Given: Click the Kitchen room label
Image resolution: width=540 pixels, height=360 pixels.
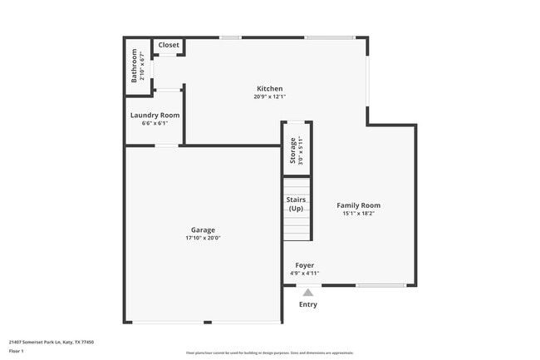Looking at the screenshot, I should (269, 89).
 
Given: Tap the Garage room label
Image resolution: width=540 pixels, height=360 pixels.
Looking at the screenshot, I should (203, 230).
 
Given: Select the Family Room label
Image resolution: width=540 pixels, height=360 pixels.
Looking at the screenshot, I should (358, 205).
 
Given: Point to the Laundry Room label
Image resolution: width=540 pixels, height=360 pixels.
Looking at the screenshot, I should (155, 116).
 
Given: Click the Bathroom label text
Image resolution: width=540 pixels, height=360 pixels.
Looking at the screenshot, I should (134, 66).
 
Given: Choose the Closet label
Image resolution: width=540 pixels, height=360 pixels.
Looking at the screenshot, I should (169, 45).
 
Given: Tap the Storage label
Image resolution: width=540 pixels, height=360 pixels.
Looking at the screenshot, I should (292, 150).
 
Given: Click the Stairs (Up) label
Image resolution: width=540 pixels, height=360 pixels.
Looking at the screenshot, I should (296, 204).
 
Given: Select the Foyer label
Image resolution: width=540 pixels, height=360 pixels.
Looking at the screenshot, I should (304, 265).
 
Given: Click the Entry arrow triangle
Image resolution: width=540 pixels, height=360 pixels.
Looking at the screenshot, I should (307, 292).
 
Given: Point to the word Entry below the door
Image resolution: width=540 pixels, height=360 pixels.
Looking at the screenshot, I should (307, 304).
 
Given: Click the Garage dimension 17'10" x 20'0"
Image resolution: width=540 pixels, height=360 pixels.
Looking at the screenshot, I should (203, 239).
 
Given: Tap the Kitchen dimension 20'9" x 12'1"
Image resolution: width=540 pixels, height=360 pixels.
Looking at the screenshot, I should (269, 97).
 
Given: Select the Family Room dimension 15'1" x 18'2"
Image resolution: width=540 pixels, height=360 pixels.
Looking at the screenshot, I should (358, 214).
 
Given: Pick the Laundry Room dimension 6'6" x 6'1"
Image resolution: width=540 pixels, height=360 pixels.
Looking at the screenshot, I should (149, 123).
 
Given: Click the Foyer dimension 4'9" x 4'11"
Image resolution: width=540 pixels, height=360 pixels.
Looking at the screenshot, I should (304, 273).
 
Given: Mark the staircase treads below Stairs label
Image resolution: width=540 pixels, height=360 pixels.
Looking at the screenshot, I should (297, 227).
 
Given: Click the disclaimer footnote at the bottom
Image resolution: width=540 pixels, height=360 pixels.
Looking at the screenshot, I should (269, 353).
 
